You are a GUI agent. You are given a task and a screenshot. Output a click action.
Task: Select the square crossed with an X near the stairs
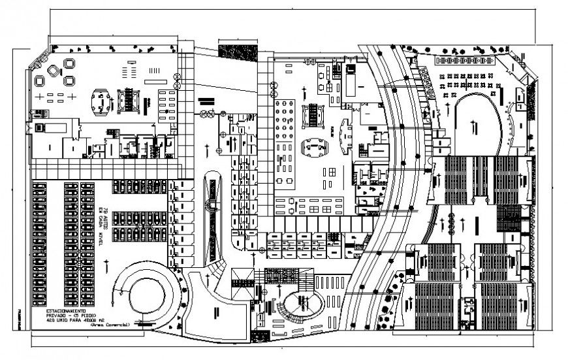pyautogui.click(x=242, y=276)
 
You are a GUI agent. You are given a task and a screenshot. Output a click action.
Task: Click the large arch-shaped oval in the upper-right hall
pyautogui.click(x=479, y=124)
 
